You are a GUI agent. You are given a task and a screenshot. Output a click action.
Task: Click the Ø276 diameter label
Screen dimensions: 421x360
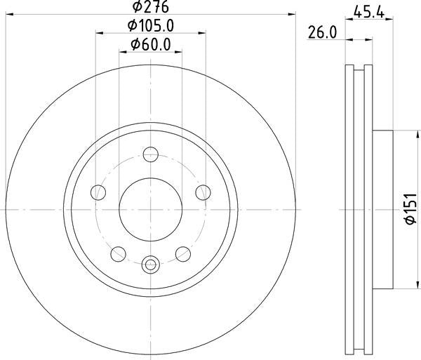pyautogui.click(x=151, y=6)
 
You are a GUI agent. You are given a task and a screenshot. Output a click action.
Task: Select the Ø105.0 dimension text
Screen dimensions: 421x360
pyautogui.click(x=151, y=26)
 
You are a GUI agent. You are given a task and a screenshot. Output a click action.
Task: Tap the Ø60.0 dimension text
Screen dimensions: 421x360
pyautogui.click(x=151, y=45)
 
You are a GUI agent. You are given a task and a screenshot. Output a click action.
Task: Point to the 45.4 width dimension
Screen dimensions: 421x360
pyautogui.click(x=369, y=12)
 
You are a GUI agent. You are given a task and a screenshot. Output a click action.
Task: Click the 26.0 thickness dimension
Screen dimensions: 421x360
pyautogui.click(x=322, y=32)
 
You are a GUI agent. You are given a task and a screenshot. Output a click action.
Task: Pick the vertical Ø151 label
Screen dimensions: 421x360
pyautogui.click(x=410, y=209)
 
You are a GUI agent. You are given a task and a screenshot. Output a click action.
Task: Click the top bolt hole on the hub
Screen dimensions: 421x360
pyautogui.click(x=151, y=154)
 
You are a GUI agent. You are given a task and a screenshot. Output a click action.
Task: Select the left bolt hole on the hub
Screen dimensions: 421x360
pyautogui.click(x=98, y=192)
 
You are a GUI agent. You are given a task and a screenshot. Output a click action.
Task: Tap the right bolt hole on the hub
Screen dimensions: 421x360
pyautogui.click(x=203, y=192)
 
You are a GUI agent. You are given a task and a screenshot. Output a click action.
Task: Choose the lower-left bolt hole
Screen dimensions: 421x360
pyautogui.click(x=118, y=254)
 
